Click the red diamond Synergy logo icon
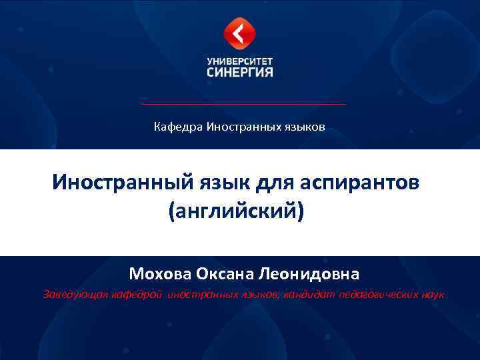[240, 34]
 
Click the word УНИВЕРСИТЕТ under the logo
[240, 59]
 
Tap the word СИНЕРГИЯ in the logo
[240, 71]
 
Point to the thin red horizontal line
[243, 104]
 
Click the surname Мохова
[161, 274]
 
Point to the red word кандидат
[312, 295]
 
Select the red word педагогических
[377, 295]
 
